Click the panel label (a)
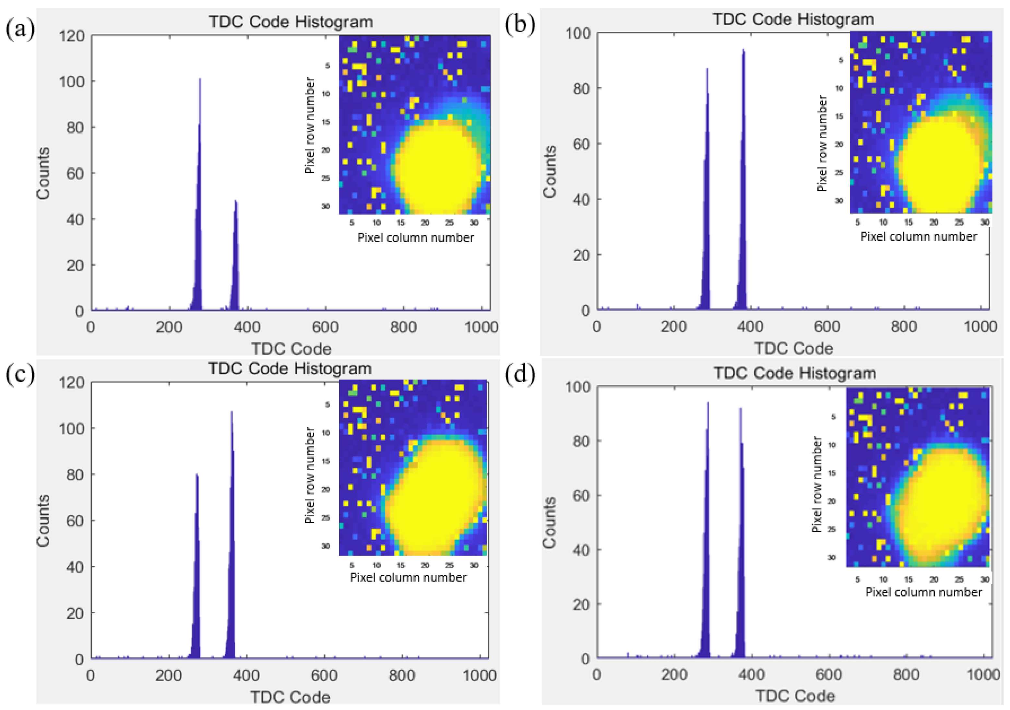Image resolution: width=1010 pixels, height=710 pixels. click(20, 29)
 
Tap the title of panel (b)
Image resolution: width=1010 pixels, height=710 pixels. click(793, 19)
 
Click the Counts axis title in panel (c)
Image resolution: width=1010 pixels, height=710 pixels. click(43, 521)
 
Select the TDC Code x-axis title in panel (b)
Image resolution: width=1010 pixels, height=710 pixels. click(794, 348)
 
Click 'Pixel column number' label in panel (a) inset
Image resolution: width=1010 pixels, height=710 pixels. click(415, 238)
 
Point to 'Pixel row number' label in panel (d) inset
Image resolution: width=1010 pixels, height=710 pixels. click(816, 484)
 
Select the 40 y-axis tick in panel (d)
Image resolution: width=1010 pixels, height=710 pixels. click(581, 550)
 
